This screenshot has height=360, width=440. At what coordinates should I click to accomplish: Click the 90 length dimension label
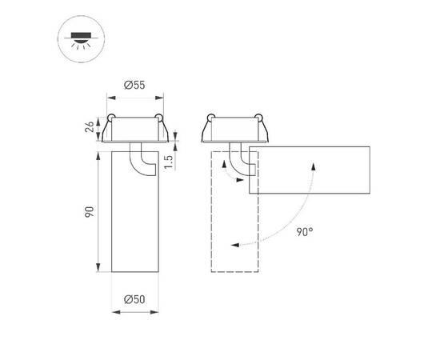coord(90,212)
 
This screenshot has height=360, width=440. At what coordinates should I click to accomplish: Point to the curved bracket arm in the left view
coord(144,159)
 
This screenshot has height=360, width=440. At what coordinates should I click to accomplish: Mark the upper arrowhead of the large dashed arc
coord(313,163)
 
